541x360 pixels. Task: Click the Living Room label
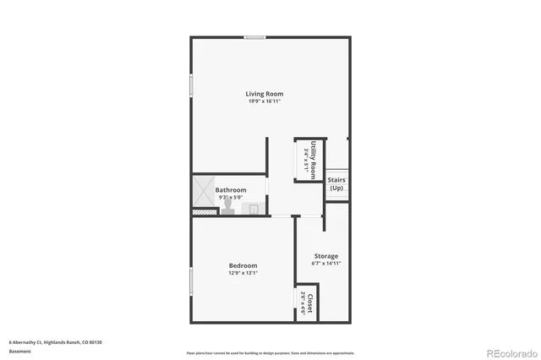265,94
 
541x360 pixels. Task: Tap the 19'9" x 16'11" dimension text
265,101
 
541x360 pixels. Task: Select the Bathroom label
230,190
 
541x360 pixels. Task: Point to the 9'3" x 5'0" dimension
230,198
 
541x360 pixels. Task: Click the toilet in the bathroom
227,207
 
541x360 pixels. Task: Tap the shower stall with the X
203,192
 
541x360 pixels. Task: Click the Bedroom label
243,265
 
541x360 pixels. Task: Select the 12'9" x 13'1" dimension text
243,273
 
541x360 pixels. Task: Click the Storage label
326,256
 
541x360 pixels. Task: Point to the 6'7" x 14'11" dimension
326,264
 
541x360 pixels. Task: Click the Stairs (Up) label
336,183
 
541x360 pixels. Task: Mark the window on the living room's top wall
254,37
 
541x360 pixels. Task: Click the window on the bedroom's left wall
191,281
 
